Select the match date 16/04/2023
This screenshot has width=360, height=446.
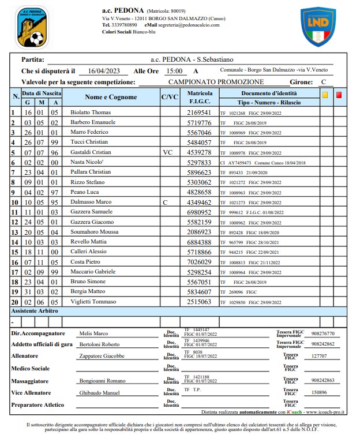(x=104, y=71)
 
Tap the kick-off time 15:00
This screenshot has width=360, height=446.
(x=174, y=71)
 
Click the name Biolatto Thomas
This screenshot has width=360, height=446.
(x=90, y=113)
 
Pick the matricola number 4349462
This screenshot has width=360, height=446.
(x=199, y=203)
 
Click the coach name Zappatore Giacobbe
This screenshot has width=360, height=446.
(x=102, y=356)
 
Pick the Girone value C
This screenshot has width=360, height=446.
(x=324, y=82)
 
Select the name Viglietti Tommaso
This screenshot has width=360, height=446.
(x=94, y=302)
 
